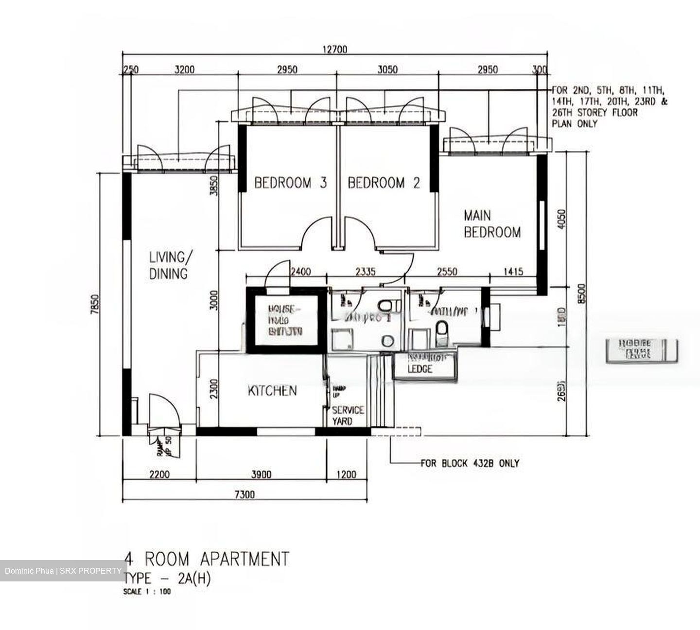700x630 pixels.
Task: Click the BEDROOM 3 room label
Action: tap(290, 183)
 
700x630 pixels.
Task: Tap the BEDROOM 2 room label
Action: tap(384, 183)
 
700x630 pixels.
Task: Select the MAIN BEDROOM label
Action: tap(491, 224)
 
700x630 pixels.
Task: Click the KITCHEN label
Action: tap(272, 391)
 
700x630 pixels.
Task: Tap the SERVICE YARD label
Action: tap(348, 416)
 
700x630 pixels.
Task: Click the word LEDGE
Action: tap(420, 369)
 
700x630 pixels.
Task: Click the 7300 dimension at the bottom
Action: tap(245, 494)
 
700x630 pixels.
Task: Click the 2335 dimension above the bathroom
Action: tap(365, 272)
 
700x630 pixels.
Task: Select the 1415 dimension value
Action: tap(513, 272)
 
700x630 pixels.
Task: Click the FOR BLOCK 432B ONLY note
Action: tap(470, 463)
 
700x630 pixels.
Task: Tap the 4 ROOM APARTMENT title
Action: tap(207, 559)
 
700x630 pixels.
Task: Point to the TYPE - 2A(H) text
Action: tap(167, 579)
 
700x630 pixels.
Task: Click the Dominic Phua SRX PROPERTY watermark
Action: tap(63, 570)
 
